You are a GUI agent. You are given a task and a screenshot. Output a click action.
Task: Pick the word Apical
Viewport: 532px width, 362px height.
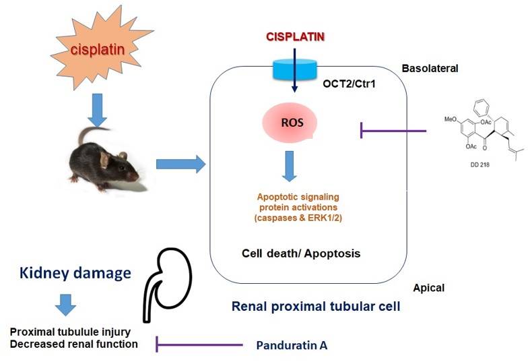click(430, 288)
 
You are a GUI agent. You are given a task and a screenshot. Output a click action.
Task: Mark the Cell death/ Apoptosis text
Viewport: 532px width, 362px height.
click(302, 254)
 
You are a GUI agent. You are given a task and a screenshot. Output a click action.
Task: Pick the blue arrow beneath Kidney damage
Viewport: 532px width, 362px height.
click(65, 305)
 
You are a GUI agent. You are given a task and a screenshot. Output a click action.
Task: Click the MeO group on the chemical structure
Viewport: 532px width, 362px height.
click(453, 120)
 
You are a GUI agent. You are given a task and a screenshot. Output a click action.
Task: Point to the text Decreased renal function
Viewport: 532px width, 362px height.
click(74, 344)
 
